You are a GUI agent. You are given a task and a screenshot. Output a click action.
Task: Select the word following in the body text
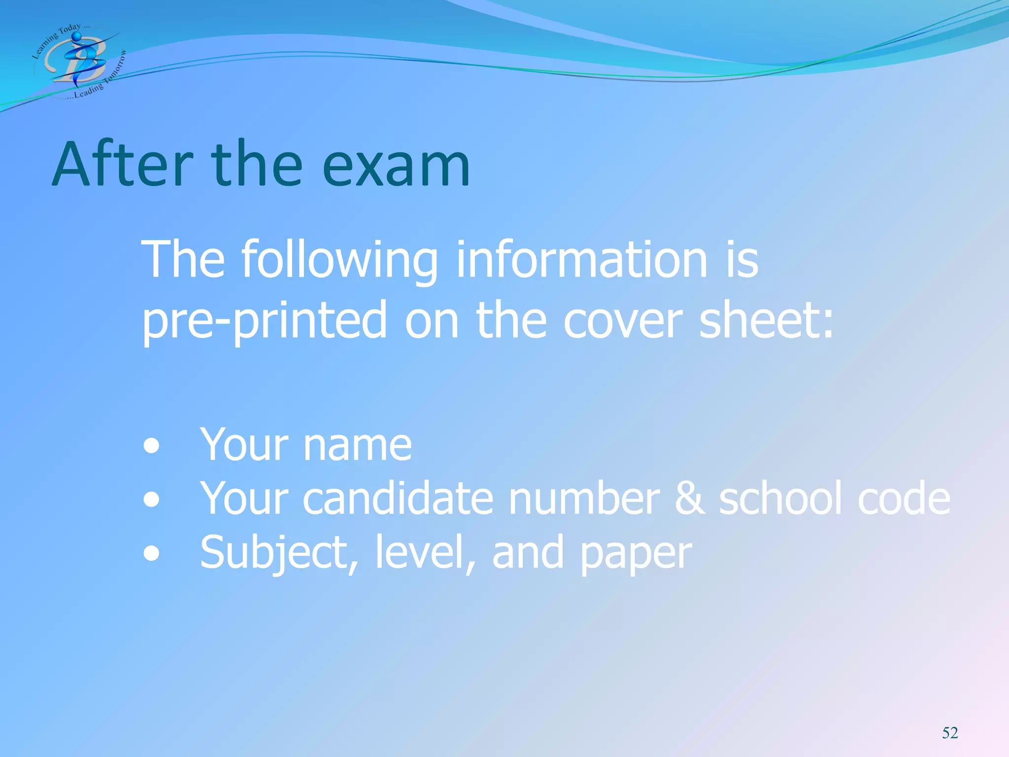pos(339,261)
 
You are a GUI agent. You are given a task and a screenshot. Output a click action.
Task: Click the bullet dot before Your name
pos(152,447)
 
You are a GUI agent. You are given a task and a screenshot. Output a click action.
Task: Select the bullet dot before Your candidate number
pos(152,500)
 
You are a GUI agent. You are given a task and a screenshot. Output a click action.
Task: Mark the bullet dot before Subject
pos(152,553)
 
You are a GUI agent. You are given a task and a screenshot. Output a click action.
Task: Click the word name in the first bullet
pos(358,446)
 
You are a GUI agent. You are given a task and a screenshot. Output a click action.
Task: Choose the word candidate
pos(397,499)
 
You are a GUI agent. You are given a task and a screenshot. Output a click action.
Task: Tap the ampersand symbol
pos(689,499)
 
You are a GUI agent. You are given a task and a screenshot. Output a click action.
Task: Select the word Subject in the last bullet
pos(278,553)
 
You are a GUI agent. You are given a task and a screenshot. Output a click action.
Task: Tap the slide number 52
pos(950,733)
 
